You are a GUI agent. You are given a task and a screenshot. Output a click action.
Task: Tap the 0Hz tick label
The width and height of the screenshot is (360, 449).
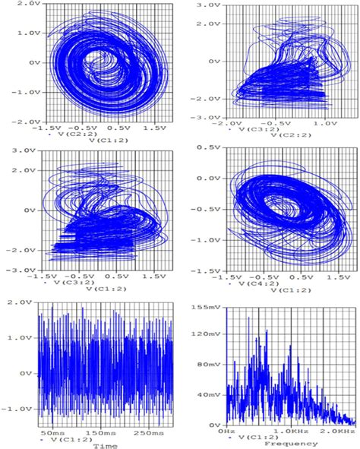point(226,430)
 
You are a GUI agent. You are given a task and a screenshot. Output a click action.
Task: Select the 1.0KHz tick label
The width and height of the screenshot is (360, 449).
point(288,430)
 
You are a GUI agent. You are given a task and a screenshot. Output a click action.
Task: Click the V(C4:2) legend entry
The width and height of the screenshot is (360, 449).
point(257,284)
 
